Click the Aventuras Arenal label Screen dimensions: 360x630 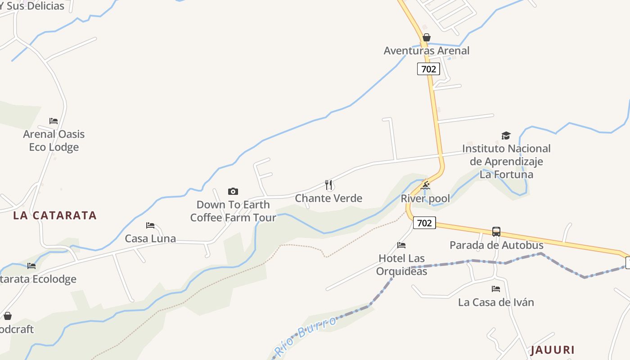[x=426, y=51]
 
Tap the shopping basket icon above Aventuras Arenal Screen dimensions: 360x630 [x=427, y=37]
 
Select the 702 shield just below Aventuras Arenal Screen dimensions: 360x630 [x=428, y=69]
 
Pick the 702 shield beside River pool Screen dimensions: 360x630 [x=424, y=223]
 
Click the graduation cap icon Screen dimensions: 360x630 [x=506, y=135]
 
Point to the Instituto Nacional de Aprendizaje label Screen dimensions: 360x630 [x=506, y=161]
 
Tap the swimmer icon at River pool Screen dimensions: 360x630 [x=425, y=185]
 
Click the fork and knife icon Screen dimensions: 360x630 [x=328, y=184]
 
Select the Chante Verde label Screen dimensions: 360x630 [x=328, y=198]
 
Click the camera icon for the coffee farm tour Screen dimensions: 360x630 [x=233, y=191]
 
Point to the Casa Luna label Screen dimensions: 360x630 [x=150, y=238]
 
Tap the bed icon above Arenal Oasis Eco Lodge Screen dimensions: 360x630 [x=54, y=121]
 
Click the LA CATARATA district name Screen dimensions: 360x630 [x=55, y=215]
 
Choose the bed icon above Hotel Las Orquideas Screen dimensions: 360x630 [x=401, y=245]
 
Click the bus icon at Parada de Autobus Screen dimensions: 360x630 [x=496, y=232]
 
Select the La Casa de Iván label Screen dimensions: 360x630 [x=496, y=302]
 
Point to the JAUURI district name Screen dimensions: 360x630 [x=553, y=350]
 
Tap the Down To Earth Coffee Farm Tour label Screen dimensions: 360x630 [x=233, y=211]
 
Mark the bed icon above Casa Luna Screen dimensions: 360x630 [x=150, y=225]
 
